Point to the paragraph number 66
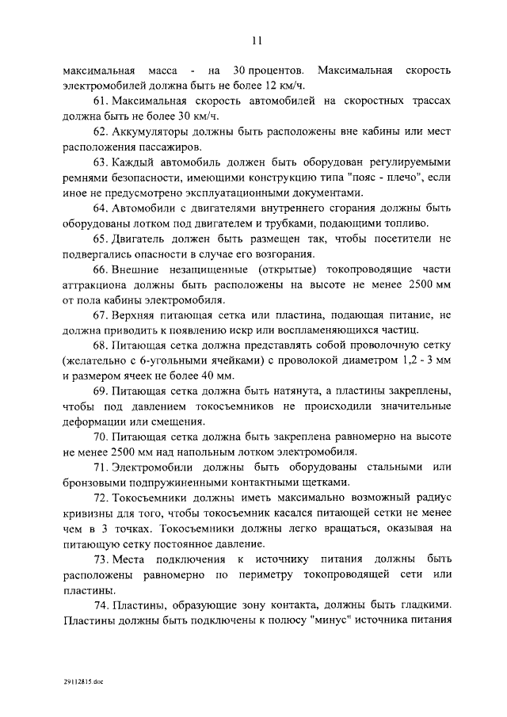101,269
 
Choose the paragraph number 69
101,391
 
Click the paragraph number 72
101,498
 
